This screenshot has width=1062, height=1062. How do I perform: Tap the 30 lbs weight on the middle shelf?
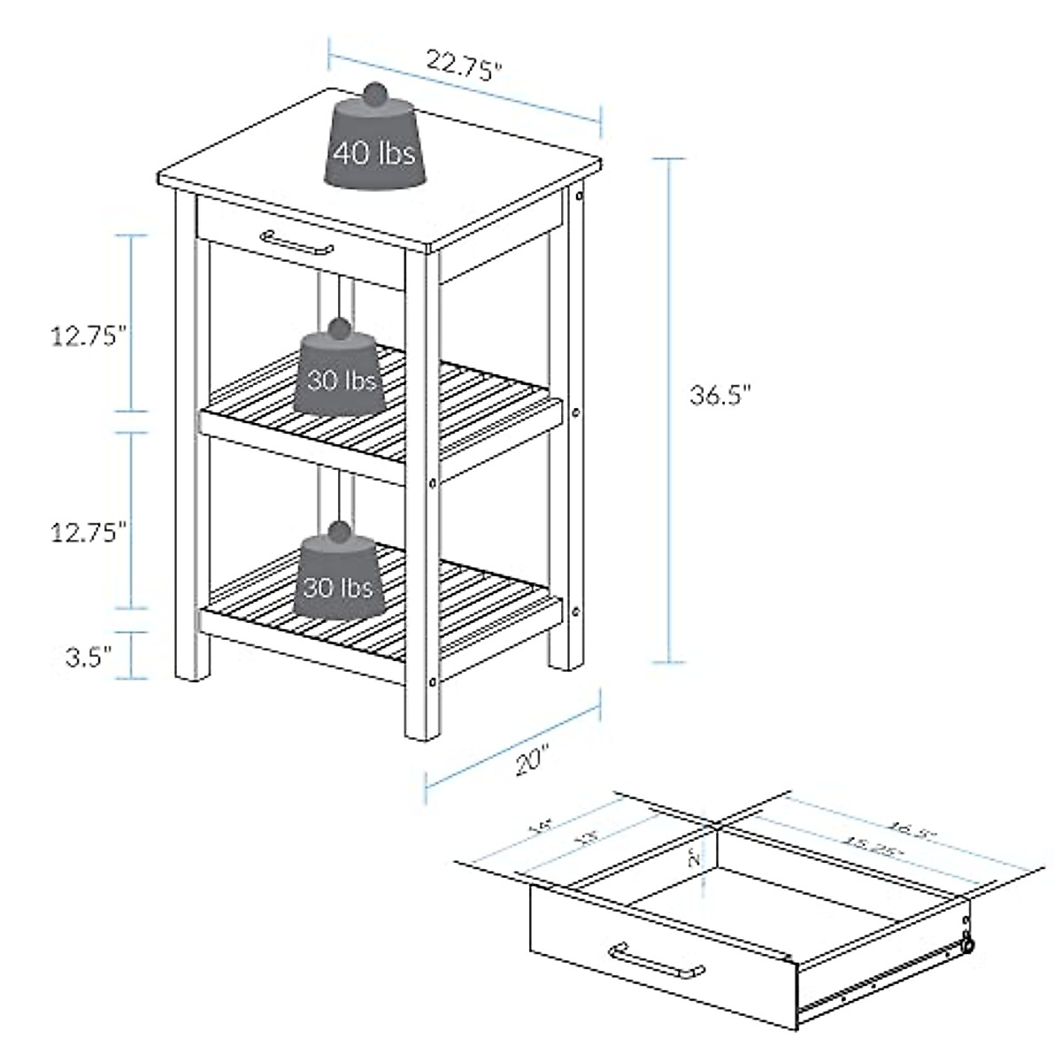tap(341, 381)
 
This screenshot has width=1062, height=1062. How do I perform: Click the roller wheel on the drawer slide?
tap(969, 946)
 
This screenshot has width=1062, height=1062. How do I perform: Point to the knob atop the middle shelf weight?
tap(337, 329)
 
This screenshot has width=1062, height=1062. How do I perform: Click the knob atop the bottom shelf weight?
tap(337, 531)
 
